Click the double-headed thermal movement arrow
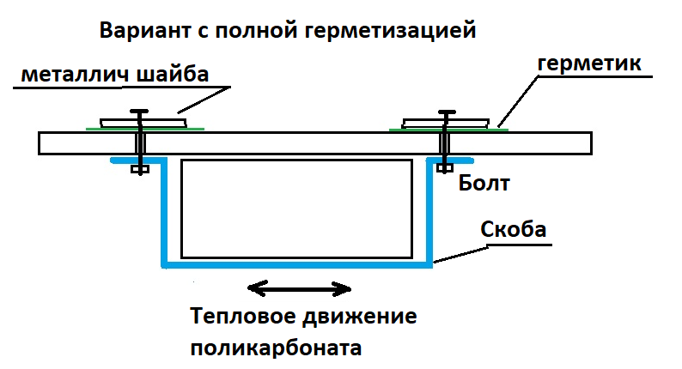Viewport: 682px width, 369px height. (x=298, y=288)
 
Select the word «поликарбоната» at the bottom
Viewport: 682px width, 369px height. (x=276, y=348)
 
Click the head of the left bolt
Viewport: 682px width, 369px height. (x=137, y=112)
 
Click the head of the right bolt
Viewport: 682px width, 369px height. (x=446, y=112)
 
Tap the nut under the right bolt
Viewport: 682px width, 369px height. (x=444, y=168)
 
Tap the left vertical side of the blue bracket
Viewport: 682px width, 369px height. (x=162, y=215)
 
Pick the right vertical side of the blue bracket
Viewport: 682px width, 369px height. (x=431, y=215)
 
